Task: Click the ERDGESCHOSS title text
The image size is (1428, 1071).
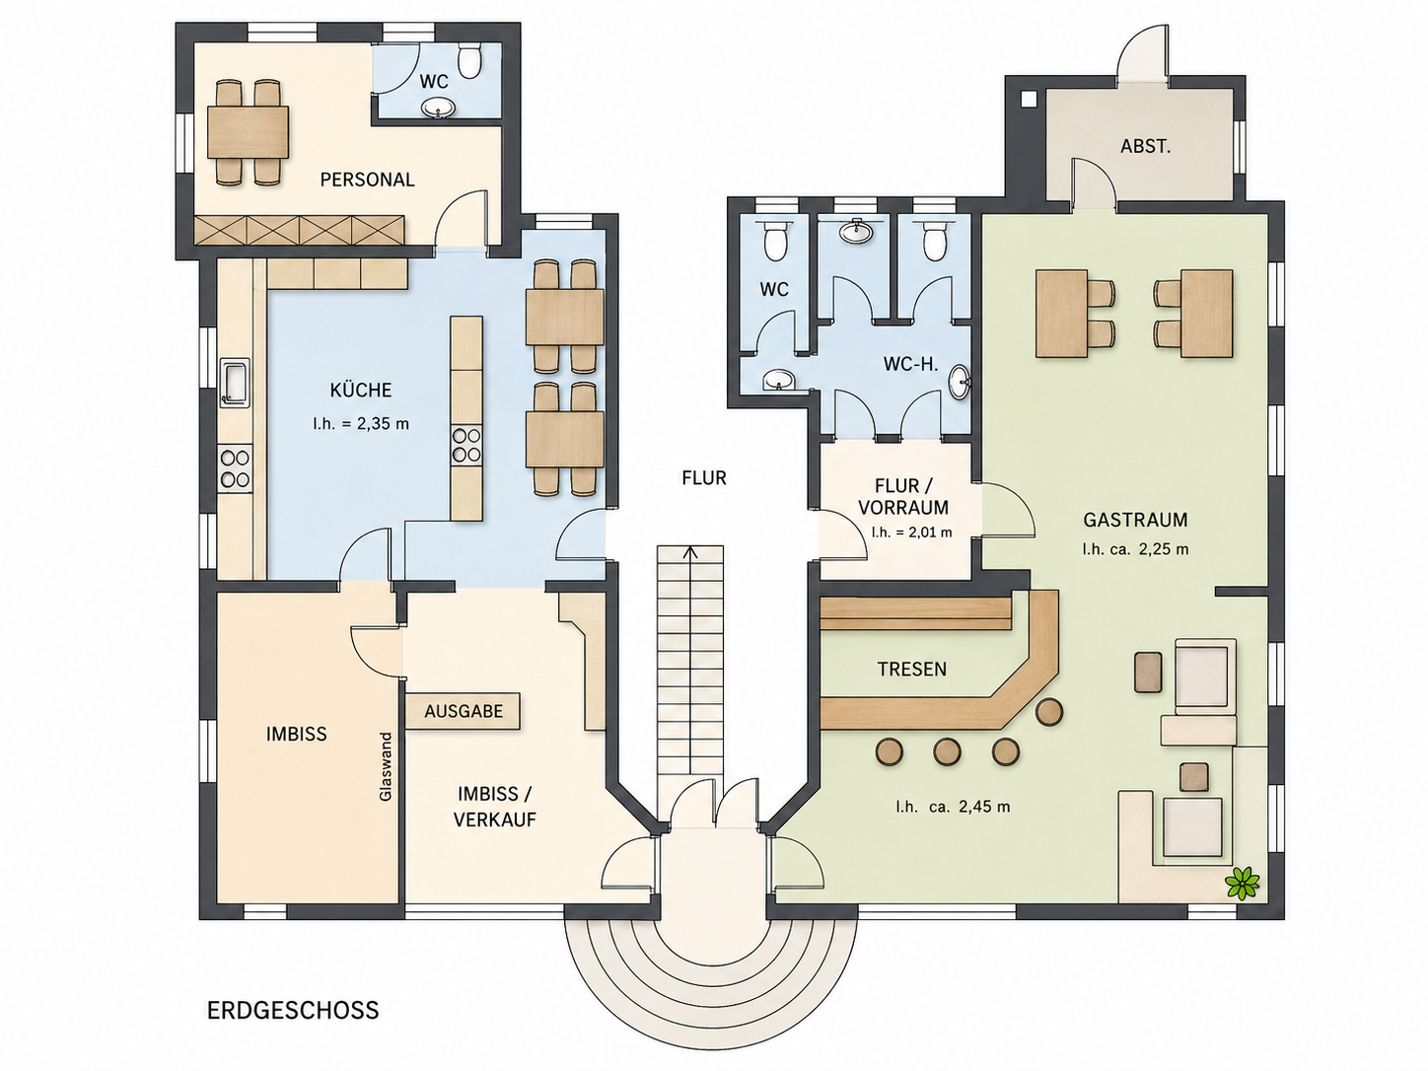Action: (x=293, y=1010)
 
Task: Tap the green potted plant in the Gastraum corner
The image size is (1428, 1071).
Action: (x=1242, y=884)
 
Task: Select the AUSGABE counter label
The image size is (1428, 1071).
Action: (x=464, y=711)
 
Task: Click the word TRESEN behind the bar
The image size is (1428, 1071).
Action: (x=911, y=670)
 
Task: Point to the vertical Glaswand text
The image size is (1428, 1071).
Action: (x=386, y=766)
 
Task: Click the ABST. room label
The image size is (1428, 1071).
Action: (x=1145, y=146)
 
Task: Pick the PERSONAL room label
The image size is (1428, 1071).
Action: (x=367, y=179)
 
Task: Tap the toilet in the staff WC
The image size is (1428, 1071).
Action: (x=468, y=59)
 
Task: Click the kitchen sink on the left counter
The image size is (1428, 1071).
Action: (x=234, y=383)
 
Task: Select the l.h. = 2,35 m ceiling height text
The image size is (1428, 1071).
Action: (x=361, y=424)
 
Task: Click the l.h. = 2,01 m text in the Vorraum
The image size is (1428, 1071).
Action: (x=911, y=532)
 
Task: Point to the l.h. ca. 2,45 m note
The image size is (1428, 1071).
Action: (x=953, y=807)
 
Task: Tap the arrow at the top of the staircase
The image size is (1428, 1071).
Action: (x=690, y=552)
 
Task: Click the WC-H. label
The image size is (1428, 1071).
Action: (x=910, y=364)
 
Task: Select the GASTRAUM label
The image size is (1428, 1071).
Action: (x=1135, y=521)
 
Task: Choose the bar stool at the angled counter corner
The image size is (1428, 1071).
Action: (x=1048, y=711)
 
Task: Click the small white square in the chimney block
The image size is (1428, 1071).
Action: (x=1029, y=99)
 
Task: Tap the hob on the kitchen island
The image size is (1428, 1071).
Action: (x=466, y=445)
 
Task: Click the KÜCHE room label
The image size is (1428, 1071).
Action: (x=361, y=391)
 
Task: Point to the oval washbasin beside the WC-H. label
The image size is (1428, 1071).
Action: (x=960, y=384)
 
